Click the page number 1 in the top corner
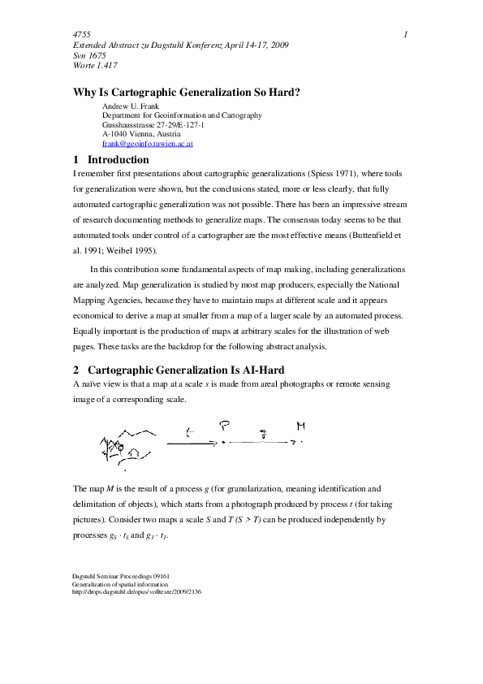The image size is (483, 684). (x=405, y=34)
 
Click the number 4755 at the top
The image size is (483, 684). (x=81, y=34)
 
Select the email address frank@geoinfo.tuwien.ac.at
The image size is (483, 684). (x=148, y=144)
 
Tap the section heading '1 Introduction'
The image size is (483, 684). (x=111, y=160)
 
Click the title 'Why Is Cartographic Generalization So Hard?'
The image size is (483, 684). (x=187, y=92)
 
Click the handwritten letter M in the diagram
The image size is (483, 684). (x=301, y=426)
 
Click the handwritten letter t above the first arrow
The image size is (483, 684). (x=188, y=431)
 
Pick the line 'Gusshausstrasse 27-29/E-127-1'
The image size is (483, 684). (x=153, y=125)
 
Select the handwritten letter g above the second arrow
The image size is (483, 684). (x=261, y=435)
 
